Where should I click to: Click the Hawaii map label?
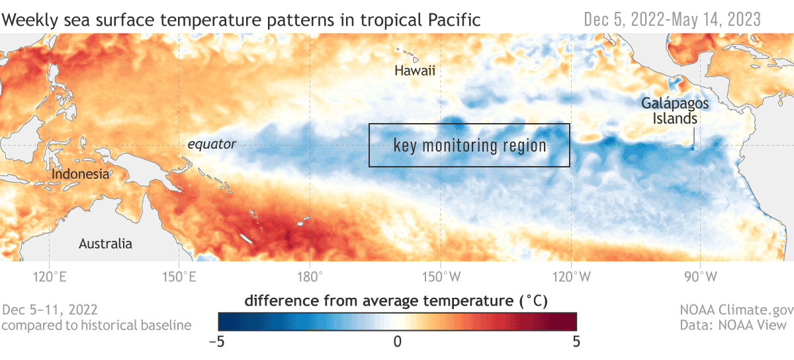tap(415, 71)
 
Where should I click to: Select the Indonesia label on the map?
tap(80, 174)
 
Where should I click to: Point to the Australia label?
tap(105, 244)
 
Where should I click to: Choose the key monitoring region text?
tap(470, 146)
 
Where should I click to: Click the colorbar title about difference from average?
tap(396, 301)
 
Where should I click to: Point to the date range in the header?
tap(672, 20)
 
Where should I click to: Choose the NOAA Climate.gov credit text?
tap(733, 309)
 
